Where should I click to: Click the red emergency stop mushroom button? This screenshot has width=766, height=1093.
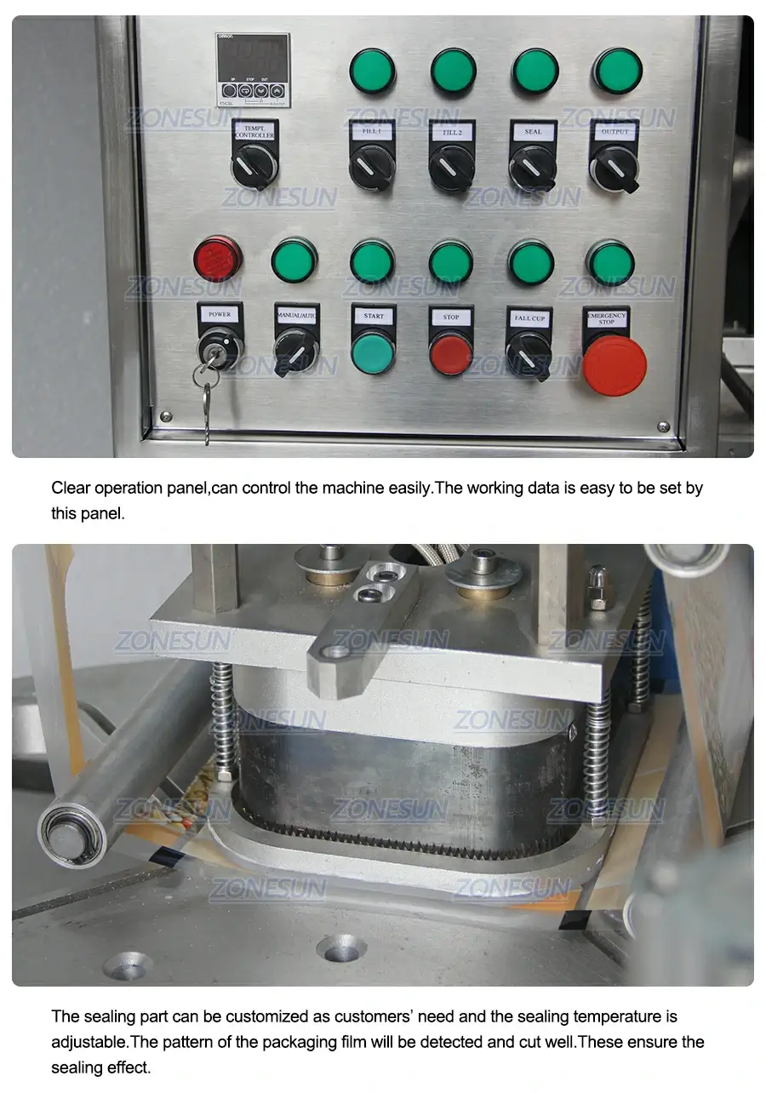615,365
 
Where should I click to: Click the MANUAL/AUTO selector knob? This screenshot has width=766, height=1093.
295,350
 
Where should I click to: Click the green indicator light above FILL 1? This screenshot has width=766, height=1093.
372,70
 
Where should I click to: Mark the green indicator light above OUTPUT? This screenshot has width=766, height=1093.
617,70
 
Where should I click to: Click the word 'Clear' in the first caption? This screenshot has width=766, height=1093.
71,488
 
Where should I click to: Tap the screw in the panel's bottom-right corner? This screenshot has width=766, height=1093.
663,426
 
